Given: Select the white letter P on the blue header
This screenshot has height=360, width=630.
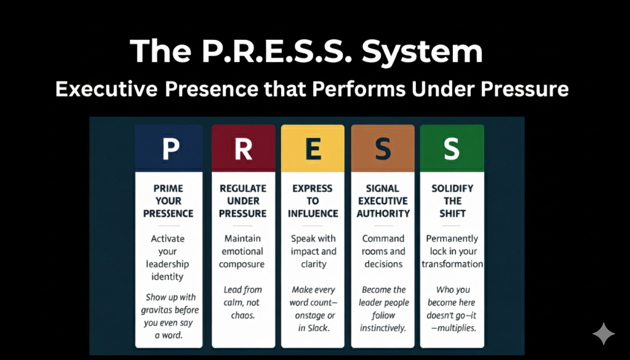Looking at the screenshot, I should [x=170, y=149].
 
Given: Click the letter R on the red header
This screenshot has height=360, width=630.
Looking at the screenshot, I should [x=243, y=149].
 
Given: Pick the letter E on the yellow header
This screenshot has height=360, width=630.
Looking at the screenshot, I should [x=313, y=149].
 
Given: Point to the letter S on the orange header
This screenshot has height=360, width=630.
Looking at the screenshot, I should [x=382, y=149].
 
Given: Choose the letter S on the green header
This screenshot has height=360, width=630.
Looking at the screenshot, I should [x=451, y=149].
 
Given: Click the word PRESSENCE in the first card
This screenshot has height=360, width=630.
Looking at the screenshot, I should [x=168, y=214].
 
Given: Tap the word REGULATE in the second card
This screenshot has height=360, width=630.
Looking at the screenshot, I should [x=243, y=188].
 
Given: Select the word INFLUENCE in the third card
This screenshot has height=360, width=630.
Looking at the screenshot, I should [x=313, y=214].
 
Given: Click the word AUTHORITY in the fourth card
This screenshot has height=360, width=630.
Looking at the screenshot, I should [x=383, y=214].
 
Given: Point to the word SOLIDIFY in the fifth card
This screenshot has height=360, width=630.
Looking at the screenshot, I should [x=452, y=188].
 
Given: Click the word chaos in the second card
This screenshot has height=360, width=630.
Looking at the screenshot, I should [x=242, y=315].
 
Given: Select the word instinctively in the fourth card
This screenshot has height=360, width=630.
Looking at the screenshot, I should [x=382, y=328].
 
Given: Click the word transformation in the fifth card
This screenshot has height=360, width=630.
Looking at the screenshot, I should [x=452, y=264].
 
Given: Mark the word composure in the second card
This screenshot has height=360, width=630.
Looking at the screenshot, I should [x=241, y=264].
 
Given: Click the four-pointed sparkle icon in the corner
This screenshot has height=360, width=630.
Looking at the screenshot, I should [x=603, y=334].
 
